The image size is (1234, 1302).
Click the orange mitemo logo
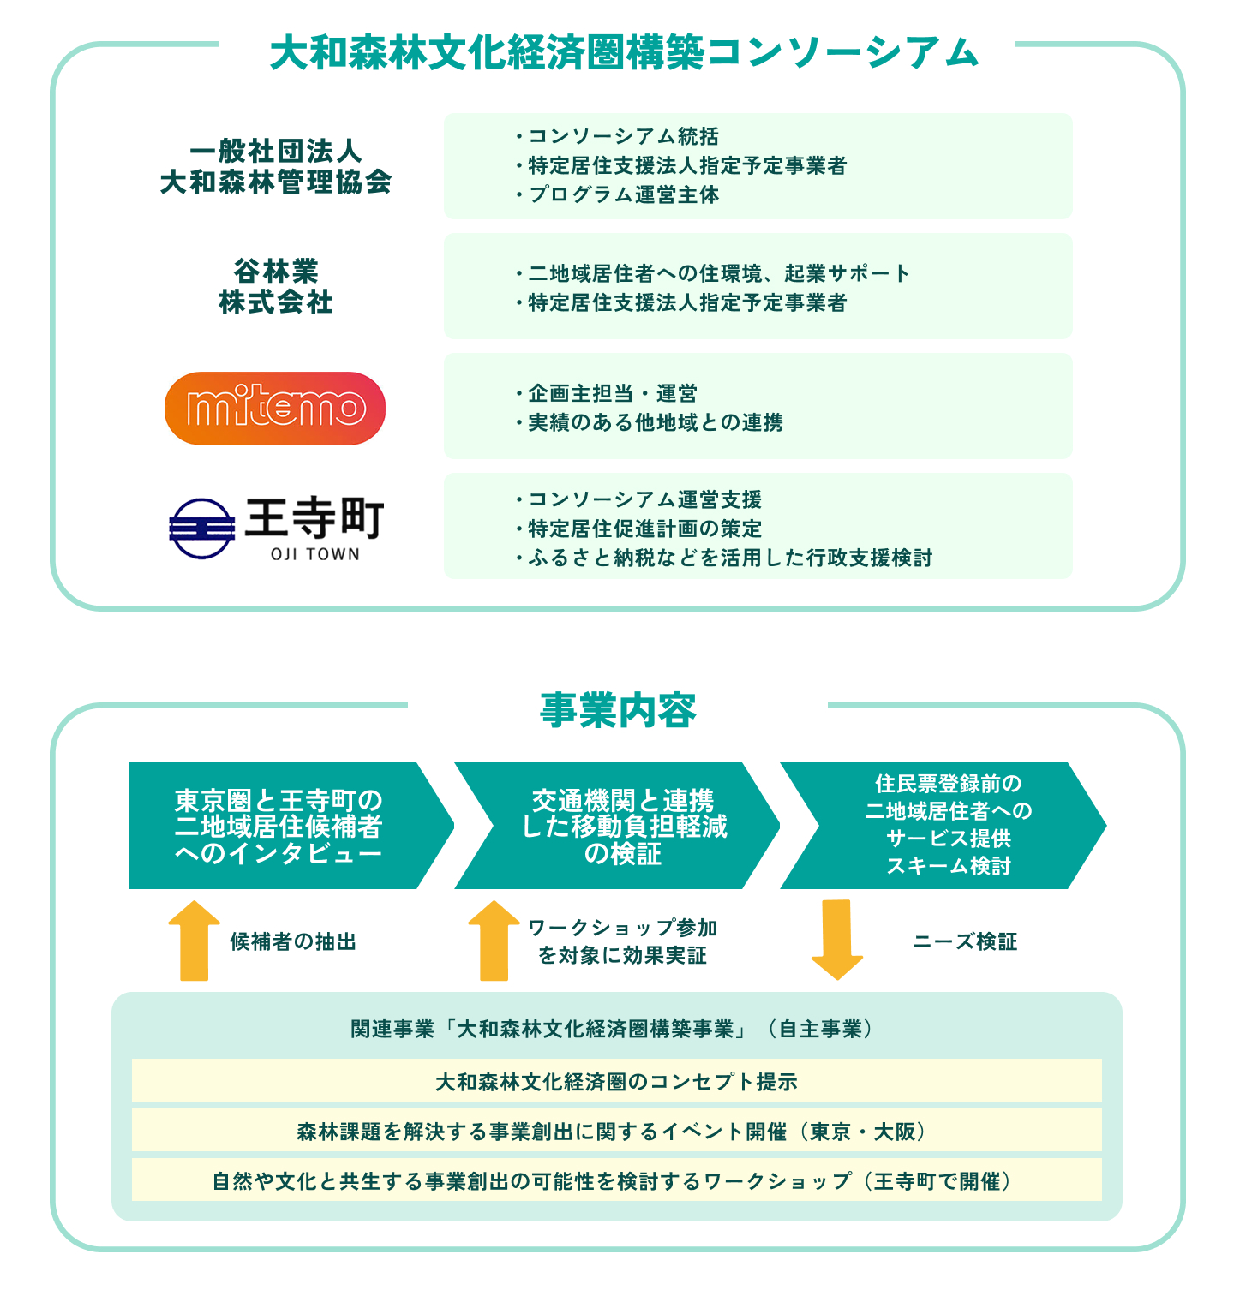pyautogui.click(x=274, y=408)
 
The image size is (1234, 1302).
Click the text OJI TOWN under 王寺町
pyautogui.click(x=314, y=554)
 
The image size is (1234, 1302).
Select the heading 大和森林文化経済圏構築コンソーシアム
pyautogui.click(x=624, y=53)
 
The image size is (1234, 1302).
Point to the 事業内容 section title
pyautogui.click(x=618, y=711)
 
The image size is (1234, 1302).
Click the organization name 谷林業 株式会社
pyautogui.click(x=275, y=286)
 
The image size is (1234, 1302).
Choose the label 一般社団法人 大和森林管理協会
pyautogui.click(x=275, y=166)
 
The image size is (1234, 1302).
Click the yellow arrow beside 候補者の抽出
pyautogui.click(x=195, y=941)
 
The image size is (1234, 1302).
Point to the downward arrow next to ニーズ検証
pyautogui.click(x=836, y=939)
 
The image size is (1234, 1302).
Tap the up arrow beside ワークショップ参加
pyautogui.click(x=494, y=941)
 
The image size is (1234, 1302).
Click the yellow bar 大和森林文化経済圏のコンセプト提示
pyautogui.click(x=616, y=1081)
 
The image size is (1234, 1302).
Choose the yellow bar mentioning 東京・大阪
pyautogui.click(x=616, y=1131)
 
